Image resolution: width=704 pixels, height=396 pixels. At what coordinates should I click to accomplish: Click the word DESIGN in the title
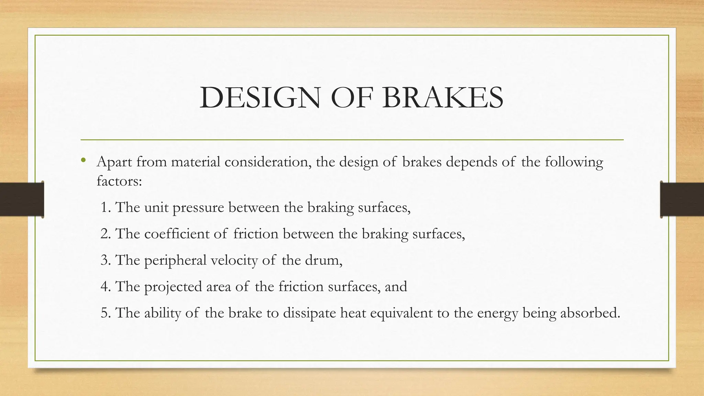[260, 98]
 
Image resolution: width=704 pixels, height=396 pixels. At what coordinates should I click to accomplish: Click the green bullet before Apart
[83, 160]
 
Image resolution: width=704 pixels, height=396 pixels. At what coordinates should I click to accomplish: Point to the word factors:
[119, 181]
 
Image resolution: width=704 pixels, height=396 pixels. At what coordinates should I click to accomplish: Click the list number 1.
[105, 207]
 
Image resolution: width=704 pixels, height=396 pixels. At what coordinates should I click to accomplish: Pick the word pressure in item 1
[198, 208]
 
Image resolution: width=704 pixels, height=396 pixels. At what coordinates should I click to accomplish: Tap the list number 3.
[106, 260]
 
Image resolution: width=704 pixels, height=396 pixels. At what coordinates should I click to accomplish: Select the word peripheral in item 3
[175, 261]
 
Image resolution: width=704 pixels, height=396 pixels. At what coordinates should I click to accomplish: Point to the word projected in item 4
[173, 287]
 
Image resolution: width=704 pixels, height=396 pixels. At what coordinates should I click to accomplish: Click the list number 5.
[106, 313]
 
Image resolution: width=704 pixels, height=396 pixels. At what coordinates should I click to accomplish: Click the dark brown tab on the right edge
[682, 199]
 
